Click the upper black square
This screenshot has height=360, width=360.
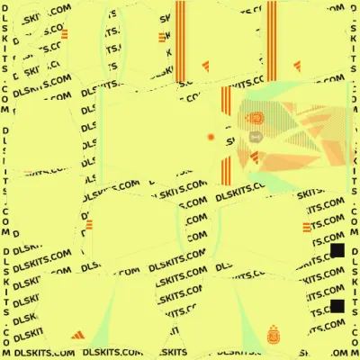[x=337, y=250]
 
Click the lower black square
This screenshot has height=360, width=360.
[x=337, y=306]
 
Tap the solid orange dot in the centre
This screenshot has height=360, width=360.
[x=211, y=137]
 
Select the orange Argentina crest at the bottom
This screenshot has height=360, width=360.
[x=274, y=334]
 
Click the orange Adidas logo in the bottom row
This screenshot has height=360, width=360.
[x=78, y=335]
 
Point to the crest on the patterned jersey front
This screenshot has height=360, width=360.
[x=256, y=118]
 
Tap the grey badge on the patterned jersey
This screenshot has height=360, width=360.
[x=256, y=137]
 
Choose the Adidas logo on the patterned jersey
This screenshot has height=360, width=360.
[x=255, y=157]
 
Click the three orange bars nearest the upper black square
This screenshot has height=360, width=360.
[x=307, y=228]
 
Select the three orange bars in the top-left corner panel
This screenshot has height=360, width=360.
[x=64, y=34]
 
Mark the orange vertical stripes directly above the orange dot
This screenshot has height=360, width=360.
[x=226, y=101]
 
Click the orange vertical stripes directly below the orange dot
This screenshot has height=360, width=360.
[x=226, y=171]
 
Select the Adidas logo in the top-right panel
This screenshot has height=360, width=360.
[x=297, y=66]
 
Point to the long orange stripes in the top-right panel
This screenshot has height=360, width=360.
[x=272, y=41]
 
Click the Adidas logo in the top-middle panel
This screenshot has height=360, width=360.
[x=206, y=67]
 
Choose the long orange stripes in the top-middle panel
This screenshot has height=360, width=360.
[x=180, y=41]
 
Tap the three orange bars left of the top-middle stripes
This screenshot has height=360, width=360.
[x=162, y=38]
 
